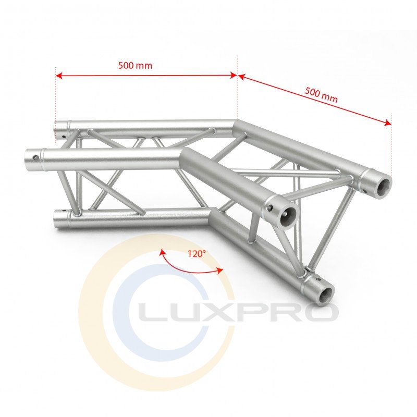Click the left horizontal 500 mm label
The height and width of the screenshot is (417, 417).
(x=135, y=65)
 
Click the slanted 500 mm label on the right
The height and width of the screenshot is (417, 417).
(x=321, y=95)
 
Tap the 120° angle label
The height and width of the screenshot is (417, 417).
(x=197, y=254)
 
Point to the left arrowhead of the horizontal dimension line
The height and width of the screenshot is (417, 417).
(x=59, y=76)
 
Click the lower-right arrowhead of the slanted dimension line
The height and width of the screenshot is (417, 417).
(x=388, y=122)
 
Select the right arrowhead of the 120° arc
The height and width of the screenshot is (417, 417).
(x=220, y=271)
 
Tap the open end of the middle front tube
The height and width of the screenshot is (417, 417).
(x=288, y=216)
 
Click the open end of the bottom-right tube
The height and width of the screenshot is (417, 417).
(x=326, y=293)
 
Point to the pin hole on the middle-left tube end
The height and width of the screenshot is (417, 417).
(x=35, y=158)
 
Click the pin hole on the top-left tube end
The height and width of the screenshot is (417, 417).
(x=63, y=136)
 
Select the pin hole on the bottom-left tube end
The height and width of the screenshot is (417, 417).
(x=64, y=211)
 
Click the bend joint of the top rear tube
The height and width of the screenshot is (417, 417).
(x=236, y=126)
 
